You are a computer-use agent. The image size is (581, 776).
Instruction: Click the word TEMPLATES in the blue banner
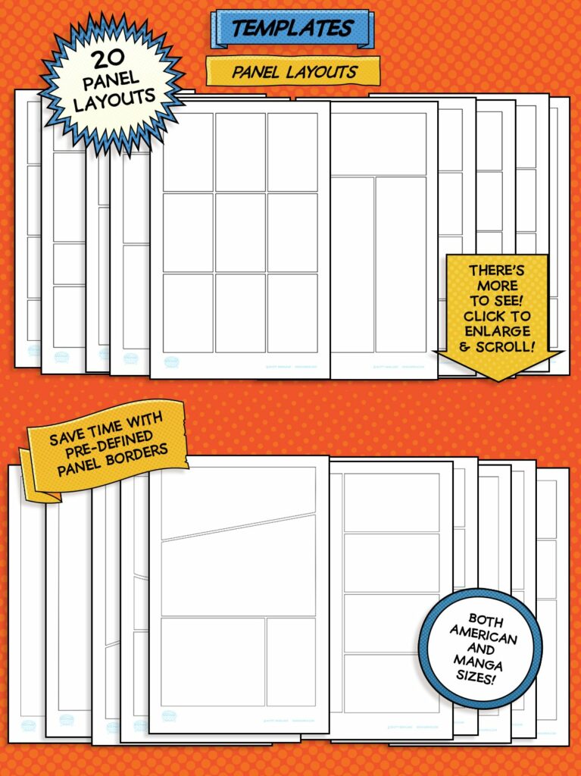pos(292,29)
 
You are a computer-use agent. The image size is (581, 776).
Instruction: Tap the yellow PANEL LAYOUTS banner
pos(294,72)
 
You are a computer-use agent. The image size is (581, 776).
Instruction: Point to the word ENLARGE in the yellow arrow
pos(498,331)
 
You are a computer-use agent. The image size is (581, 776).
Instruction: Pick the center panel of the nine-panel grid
pos(240,232)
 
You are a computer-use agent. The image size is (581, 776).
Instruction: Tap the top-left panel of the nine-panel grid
pos(188,152)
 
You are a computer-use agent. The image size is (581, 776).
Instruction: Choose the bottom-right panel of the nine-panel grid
pos(292,312)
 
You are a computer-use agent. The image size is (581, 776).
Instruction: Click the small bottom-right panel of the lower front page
pos(290,660)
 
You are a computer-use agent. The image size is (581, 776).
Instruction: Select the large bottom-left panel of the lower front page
pos(213,660)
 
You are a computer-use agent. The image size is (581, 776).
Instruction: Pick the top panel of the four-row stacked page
pos(391,502)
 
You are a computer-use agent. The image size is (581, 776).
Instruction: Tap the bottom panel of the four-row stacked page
pos(391,683)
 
